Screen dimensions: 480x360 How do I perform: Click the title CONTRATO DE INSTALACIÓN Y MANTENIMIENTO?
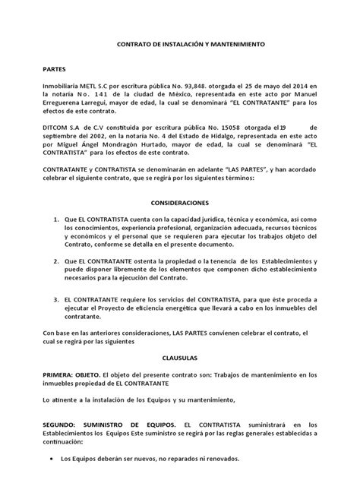click(x=180, y=46)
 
